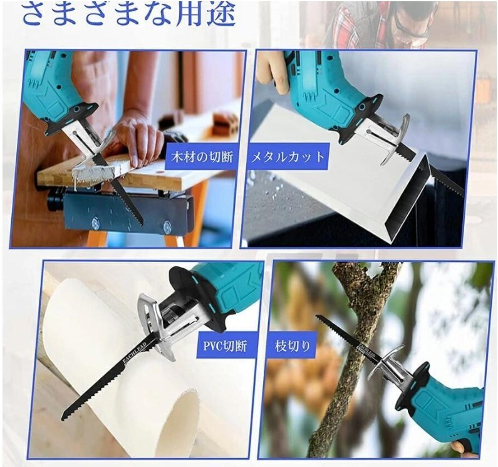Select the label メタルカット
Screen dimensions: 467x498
(288, 157)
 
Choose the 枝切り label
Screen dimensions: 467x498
(294, 346)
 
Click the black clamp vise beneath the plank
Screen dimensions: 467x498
(125, 210)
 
